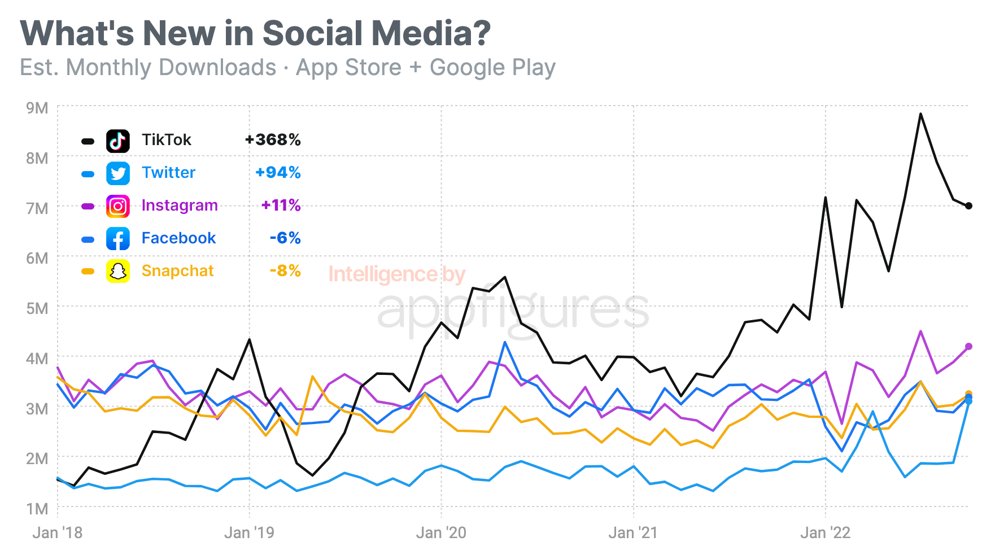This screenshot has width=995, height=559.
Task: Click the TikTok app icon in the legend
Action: pos(118,141)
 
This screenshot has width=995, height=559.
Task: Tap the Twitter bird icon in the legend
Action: pos(118,173)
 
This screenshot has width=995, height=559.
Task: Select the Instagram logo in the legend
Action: pos(118,206)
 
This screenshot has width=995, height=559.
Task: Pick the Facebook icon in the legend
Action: pos(118,239)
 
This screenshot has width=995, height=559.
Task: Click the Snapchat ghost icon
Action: pos(118,272)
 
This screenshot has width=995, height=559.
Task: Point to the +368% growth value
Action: pos(273,140)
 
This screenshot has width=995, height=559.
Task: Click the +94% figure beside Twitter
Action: pos(278,173)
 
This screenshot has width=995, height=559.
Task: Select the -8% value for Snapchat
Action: pos(285,271)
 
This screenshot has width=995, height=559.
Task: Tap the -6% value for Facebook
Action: pos(285,238)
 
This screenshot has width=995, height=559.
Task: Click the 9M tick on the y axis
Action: pos(37,108)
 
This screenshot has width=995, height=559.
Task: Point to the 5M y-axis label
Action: pos(37,308)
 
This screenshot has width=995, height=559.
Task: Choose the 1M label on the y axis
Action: pos(37,509)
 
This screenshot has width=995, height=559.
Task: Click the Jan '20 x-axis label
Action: pos(441,533)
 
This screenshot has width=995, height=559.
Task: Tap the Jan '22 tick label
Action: pos(825,533)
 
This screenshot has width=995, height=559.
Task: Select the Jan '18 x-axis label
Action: pos(58,533)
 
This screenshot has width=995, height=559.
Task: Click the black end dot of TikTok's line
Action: pos(969,206)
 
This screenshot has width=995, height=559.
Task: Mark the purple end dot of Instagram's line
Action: pos(969,347)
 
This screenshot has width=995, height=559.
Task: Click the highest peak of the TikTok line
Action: pos(920,114)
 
